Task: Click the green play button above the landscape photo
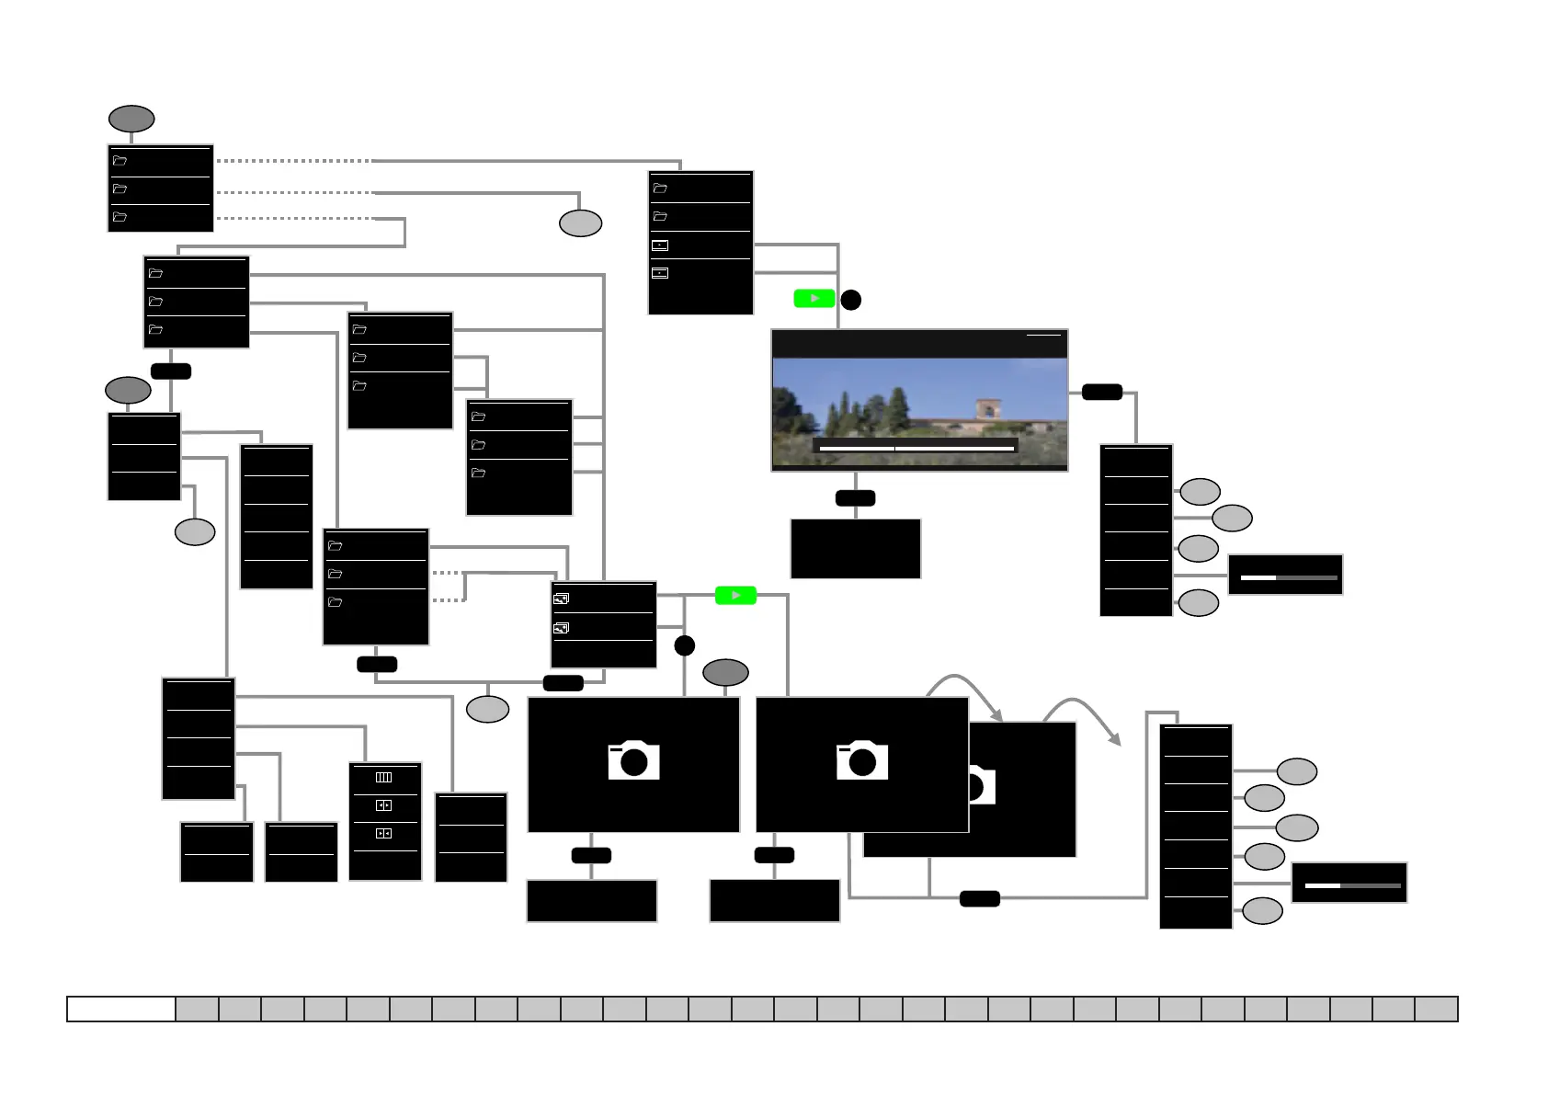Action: [814, 299]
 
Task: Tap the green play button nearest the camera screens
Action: [735, 596]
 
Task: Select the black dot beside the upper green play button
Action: [851, 300]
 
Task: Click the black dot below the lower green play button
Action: [684, 645]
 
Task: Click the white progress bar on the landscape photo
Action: [916, 448]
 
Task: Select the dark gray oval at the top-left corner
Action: [131, 119]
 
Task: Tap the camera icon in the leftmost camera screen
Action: [633, 760]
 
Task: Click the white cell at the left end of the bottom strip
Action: [121, 1009]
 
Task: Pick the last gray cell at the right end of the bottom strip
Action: [1436, 1009]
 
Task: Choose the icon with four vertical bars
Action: [384, 778]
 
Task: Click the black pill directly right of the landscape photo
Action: [1101, 393]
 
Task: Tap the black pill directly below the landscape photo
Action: [855, 498]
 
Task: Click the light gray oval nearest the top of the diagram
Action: [581, 223]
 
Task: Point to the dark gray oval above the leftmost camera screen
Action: [725, 673]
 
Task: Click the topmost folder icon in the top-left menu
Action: [120, 161]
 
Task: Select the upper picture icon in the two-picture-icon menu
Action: [561, 599]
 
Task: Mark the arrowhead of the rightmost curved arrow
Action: [1116, 739]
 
